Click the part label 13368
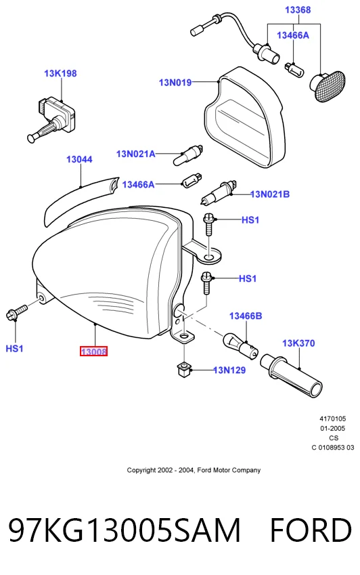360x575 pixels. coord(298,10)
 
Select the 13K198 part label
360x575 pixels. coord(60,73)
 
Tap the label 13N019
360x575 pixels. coord(175,83)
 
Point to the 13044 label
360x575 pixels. coord(79,160)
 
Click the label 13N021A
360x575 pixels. coord(135,154)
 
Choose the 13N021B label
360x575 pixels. coord(270,194)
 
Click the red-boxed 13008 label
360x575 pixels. coord(94,352)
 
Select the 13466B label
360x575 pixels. coord(246,316)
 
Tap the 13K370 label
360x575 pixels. coord(298,343)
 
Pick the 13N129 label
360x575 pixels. coord(229,370)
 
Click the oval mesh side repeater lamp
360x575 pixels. coord(327,86)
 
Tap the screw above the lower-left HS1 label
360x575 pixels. coord(17,312)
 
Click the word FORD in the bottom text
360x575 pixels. coord(311,530)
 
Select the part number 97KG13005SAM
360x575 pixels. coord(125,530)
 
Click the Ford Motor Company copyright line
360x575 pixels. coord(194,470)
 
